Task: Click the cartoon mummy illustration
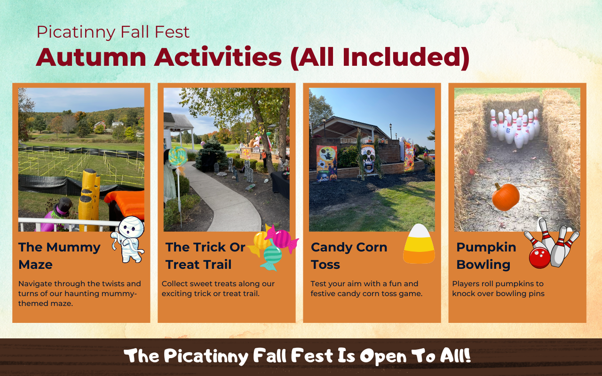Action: click(x=127, y=240)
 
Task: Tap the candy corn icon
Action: click(x=419, y=244)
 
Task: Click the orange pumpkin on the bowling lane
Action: click(x=506, y=197)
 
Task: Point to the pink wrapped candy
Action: click(x=281, y=238)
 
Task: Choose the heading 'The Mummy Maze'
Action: click(x=59, y=255)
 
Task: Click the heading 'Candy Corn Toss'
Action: click(x=349, y=255)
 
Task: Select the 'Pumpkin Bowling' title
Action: click(x=486, y=255)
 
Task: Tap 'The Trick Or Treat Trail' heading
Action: click(x=205, y=255)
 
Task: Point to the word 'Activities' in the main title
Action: click(x=218, y=57)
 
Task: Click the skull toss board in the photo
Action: click(x=368, y=159)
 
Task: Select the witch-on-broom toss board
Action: click(x=326, y=163)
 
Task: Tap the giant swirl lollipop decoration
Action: click(x=178, y=157)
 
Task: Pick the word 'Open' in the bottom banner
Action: click(x=383, y=356)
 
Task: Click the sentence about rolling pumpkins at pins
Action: click(x=498, y=289)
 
